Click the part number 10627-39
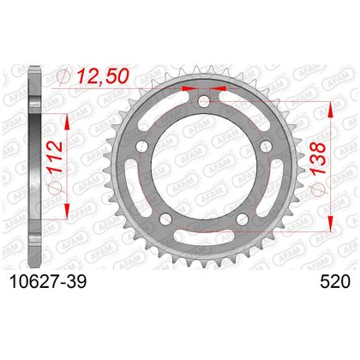(48, 282)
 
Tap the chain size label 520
(335, 282)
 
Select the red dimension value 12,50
(103, 76)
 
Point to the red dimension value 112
(55, 157)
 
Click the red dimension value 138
(318, 158)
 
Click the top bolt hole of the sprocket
(204, 100)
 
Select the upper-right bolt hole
(266, 146)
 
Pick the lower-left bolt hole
(165, 219)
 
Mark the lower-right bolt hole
(243, 219)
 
